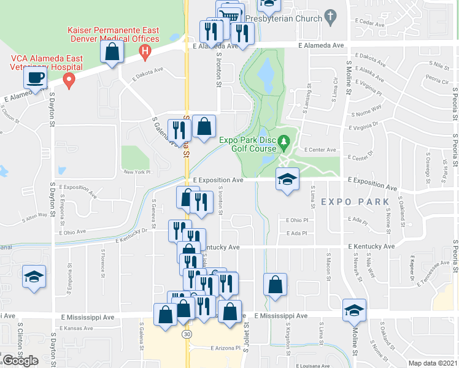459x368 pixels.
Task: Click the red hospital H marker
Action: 145,52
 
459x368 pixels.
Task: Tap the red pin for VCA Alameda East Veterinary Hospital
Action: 69,80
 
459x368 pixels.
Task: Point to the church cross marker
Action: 331,17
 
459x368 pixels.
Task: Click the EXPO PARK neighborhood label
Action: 355,202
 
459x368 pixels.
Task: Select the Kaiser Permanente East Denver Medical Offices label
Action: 114,34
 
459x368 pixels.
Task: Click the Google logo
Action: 20,361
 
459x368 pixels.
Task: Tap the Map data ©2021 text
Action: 433,363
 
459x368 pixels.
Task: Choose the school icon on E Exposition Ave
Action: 287,179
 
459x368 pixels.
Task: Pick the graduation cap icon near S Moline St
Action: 353,310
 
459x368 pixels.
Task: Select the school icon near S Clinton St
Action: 34,276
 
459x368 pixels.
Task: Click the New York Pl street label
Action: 137,172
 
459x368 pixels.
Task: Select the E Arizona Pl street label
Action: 216,348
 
